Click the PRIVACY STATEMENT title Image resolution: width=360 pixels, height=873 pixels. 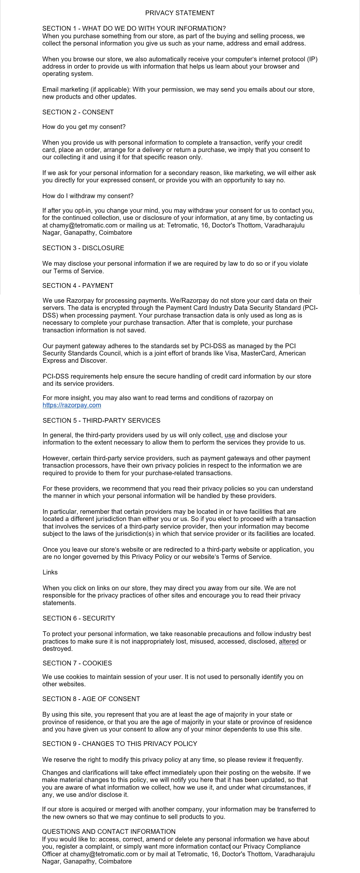tap(180, 13)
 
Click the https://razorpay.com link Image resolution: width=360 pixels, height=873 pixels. tap(72, 405)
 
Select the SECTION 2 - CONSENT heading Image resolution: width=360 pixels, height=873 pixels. tap(78, 112)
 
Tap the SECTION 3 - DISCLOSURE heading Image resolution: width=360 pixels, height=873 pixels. tap(83, 248)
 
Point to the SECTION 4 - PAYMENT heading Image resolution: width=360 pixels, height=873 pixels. tap(78, 286)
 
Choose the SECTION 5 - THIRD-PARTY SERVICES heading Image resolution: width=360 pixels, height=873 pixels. tap(101, 421)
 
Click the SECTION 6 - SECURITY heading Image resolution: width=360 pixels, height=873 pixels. tap(79, 618)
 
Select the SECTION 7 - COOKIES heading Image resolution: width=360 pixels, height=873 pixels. tap(77, 663)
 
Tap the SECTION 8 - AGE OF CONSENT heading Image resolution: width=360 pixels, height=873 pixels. tap(91, 699)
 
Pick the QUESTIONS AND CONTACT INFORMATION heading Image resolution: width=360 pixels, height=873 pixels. tap(109, 831)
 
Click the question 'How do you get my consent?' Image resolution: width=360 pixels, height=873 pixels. tap(84, 127)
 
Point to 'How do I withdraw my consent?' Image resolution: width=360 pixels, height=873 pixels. tap(88, 196)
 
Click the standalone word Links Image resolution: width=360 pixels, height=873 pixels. tap(50, 572)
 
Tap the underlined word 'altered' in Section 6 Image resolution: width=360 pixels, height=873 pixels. tap(289, 641)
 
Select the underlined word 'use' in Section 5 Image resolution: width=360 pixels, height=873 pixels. tap(229, 435)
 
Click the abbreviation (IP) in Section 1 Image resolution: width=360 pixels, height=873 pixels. tap(312, 59)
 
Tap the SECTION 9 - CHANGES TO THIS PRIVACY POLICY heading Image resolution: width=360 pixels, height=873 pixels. tap(120, 743)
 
